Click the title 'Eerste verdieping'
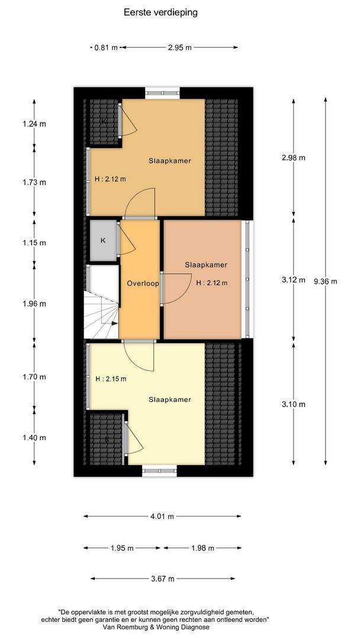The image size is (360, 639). click(160, 11)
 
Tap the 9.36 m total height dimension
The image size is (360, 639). click(325, 281)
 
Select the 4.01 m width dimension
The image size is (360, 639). click(162, 517)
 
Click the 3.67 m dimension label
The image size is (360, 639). click(162, 578)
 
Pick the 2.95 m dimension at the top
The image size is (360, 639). click(179, 47)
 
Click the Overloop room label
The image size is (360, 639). click(143, 283)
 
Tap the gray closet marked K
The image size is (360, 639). click(103, 241)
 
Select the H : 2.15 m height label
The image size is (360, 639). click(110, 379)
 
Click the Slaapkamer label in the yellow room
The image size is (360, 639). click(170, 399)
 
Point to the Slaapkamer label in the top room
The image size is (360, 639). click(169, 160)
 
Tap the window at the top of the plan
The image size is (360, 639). click(162, 92)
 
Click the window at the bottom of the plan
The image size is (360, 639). click(159, 471)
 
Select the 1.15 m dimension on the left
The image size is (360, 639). click(34, 243)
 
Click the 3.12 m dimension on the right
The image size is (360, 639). click(294, 280)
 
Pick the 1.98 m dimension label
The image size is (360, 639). click(202, 548)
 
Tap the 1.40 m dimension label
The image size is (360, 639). click(34, 438)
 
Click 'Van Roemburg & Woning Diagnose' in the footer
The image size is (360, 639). click(163, 626)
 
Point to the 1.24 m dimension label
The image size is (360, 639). click(34, 124)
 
